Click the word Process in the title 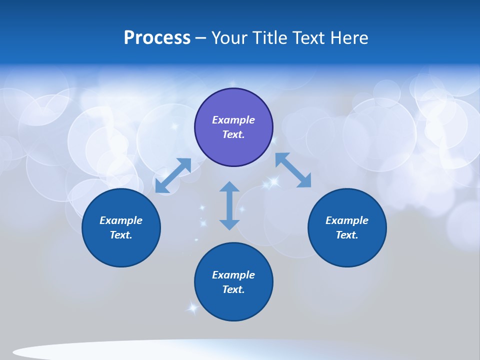157,38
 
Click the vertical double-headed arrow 229,205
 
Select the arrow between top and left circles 173,175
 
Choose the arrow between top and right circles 293,170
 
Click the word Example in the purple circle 233,120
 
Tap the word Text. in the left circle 121,235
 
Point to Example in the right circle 347,220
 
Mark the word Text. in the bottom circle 233,289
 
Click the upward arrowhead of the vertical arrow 229,187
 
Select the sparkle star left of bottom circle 191,307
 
